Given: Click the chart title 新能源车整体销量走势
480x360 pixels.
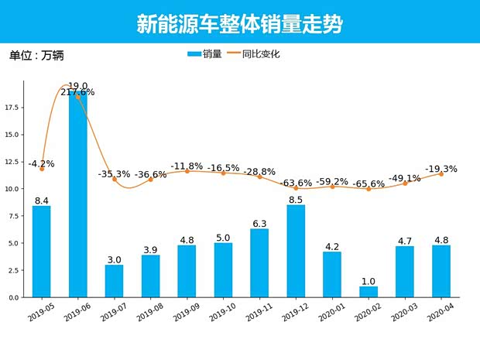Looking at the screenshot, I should point(239,24).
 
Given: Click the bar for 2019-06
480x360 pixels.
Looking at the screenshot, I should point(77,194).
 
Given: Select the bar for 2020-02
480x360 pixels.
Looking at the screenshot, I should point(369,292).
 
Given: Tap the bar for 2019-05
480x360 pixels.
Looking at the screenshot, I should point(42,252).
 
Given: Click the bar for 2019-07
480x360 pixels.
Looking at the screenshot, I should point(114,281).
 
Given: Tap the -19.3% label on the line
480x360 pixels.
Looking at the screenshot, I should point(441,169).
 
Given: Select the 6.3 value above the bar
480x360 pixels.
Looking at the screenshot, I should point(259,224).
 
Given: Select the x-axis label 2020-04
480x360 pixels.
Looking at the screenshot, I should point(440,312).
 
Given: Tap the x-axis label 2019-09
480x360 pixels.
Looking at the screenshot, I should point(185,312).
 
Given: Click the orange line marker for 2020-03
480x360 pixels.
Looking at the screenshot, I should point(405,183).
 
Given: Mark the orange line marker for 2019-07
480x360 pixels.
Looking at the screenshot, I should point(115,179).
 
